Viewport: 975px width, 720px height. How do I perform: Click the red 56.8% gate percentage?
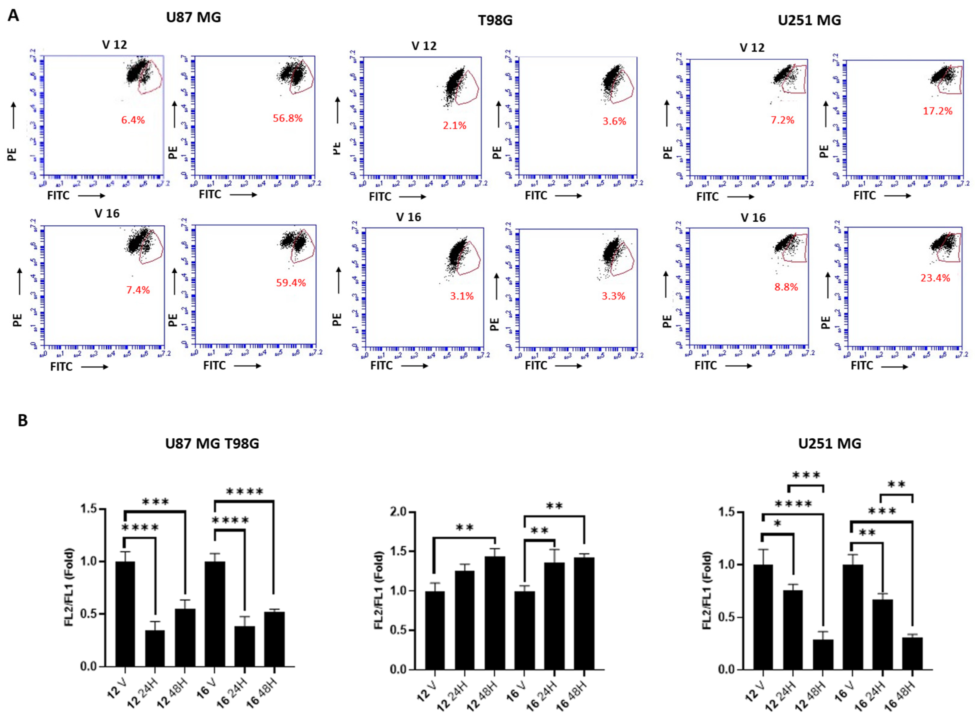(287, 118)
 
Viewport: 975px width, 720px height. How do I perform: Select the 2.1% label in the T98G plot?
(454, 125)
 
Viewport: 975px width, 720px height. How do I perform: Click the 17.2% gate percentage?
(938, 111)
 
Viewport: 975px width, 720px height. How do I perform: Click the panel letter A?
(14, 16)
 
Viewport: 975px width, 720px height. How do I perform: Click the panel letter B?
(23, 420)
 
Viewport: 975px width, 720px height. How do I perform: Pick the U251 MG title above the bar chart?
(830, 444)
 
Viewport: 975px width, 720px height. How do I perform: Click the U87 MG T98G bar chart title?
(212, 444)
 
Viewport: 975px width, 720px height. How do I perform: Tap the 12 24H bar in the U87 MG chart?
(155, 648)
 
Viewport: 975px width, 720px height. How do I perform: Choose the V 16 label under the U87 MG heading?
(107, 213)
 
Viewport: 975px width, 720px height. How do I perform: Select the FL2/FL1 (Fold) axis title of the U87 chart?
(69, 588)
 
